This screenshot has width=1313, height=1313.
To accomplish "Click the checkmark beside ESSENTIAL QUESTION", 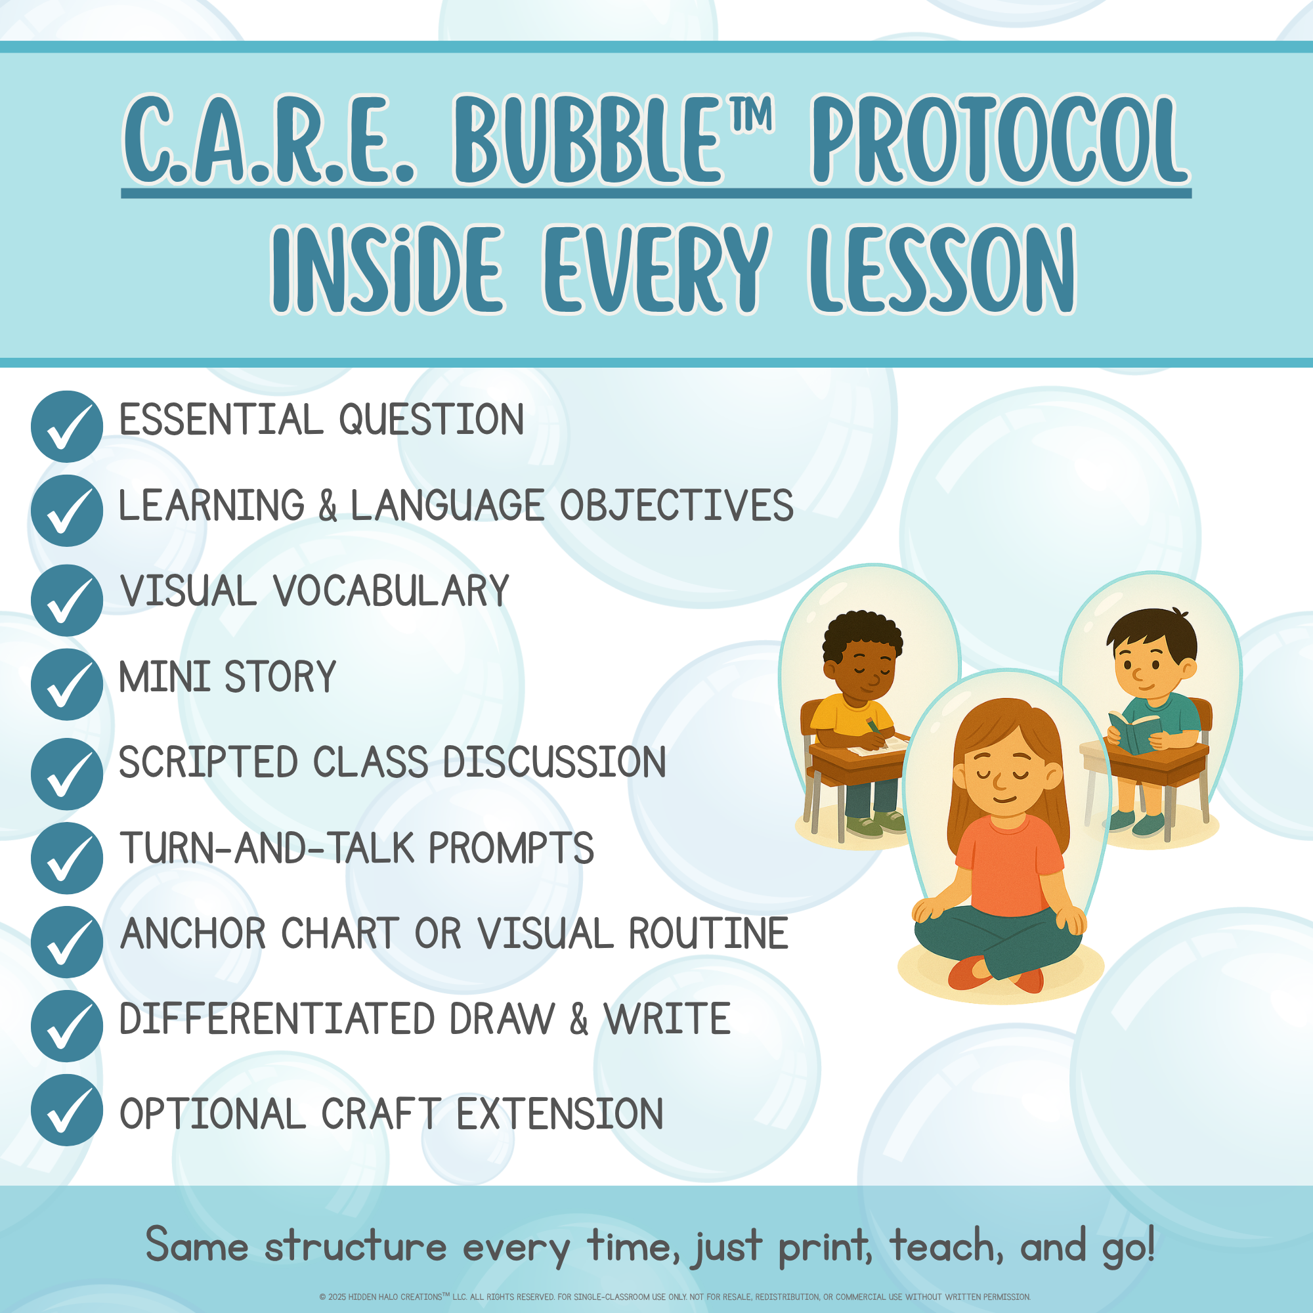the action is (66, 426).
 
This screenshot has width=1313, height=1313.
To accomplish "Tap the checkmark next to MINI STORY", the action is (66, 684).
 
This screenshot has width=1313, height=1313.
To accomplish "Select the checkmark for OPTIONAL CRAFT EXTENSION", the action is (66, 1111).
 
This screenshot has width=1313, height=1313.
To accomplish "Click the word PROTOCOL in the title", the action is (1001, 140).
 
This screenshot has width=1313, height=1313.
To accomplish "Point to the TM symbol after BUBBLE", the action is (752, 114).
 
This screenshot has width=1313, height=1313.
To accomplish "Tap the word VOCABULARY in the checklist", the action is (391, 591).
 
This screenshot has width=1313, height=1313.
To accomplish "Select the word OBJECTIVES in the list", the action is (676, 505).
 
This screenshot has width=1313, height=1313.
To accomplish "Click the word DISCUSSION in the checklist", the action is (555, 762).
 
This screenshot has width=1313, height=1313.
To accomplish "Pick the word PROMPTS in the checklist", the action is (511, 848).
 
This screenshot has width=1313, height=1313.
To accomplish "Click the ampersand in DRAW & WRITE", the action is (579, 1019).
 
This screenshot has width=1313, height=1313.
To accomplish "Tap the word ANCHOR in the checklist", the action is (193, 933).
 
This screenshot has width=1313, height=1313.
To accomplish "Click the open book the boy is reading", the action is (1132, 731).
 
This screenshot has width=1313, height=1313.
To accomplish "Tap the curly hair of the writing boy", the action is (862, 635).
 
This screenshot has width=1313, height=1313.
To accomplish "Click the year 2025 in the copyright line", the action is (337, 1297).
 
